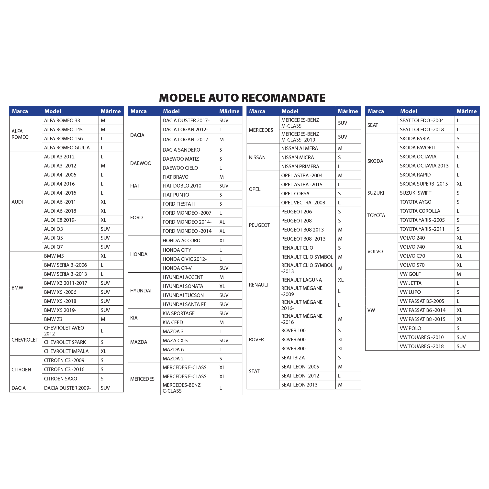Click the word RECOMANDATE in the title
click(283, 98)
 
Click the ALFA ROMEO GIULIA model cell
click(67, 148)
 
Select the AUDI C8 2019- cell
click(60, 220)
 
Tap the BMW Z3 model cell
click(53, 319)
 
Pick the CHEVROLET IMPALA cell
click(66, 351)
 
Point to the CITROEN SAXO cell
click(60, 379)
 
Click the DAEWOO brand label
click(141, 163)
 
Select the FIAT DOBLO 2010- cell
click(183, 186)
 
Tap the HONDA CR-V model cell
click(177, 268)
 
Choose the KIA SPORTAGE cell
click(179, 313)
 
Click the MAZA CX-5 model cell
click(175, 340)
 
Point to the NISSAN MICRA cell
click(297, 157)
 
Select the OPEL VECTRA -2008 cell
click(303, 202)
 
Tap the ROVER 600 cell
click(293, 339)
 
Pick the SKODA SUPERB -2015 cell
click(424, 184)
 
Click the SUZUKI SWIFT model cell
click(415, 193)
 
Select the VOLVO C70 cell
click(412, 256)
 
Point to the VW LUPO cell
click(410, 292)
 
